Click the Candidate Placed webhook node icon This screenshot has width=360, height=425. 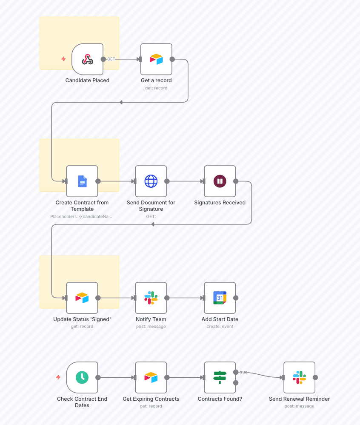[87, 59]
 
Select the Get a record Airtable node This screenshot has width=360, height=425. [156, 59]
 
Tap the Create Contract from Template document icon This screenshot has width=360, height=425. [82, 181]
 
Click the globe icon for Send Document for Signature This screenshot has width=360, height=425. [151, 181]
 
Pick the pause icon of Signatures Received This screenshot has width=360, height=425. [220, 181]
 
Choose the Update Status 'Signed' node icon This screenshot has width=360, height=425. [82, 298]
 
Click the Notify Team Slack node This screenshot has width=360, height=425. [151, 298]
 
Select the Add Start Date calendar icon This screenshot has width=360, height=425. [220, 298]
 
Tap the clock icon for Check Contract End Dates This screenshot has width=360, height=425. [82, 377]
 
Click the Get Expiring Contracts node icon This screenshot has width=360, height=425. [151, 377]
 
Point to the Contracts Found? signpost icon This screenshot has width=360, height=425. [220, 377]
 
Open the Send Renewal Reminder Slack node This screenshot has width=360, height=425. [299, 377]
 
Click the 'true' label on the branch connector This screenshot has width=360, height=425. [243, 372]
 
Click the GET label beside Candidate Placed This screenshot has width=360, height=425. [111, 59]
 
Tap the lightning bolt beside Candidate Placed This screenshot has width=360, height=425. [63, 59]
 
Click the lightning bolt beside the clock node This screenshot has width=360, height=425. [58, 377]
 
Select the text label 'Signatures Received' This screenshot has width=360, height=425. [220, 203]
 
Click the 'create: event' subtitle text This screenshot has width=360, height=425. [220, 327]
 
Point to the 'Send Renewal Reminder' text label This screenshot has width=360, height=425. [299, 399]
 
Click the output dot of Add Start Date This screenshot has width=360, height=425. [236, 298]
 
